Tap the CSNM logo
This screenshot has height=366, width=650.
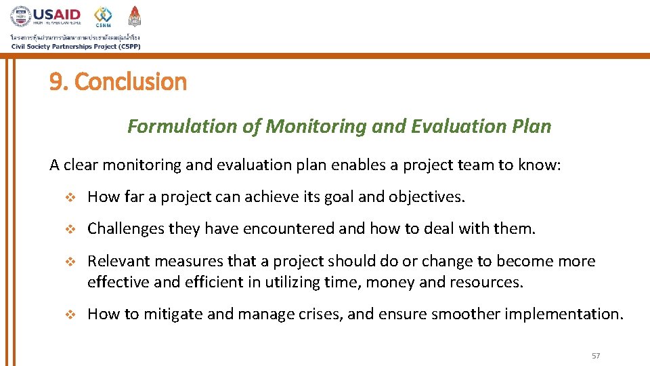pos(103,17)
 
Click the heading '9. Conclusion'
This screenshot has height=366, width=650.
pos(118,82)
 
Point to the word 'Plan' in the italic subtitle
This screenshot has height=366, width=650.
pos(534,127)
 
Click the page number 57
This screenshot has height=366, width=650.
pos(596,356)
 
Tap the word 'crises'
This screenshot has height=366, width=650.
pos(323,314)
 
